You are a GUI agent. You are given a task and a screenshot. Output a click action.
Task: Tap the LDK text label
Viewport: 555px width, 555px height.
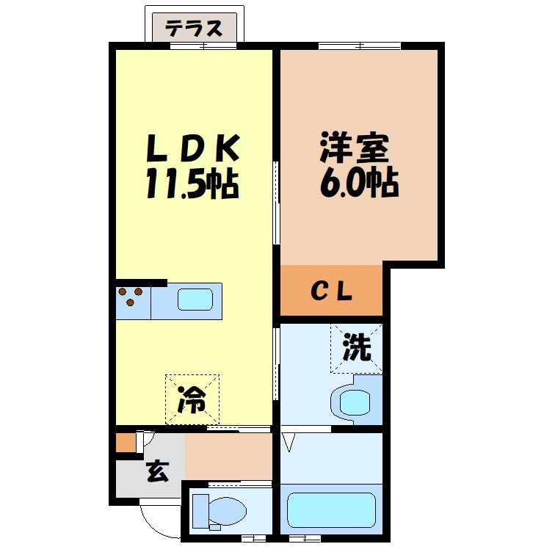point(194,149)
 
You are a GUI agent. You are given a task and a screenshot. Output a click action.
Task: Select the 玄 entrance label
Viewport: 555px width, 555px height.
point(156,471)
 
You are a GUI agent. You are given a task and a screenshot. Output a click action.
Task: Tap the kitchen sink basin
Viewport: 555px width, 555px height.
point(195,300)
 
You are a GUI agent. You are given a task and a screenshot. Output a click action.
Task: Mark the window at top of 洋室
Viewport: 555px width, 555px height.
point(360,47)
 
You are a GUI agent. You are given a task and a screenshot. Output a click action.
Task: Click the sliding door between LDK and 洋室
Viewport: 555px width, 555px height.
point(277,201)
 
